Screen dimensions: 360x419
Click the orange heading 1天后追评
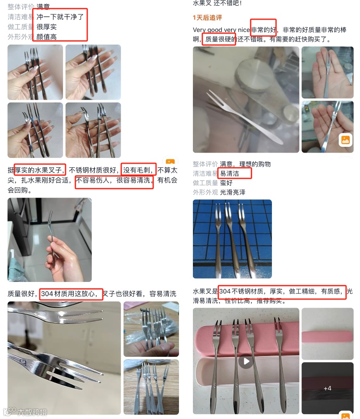tap(207, 18)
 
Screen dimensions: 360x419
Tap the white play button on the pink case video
tap(246, 361)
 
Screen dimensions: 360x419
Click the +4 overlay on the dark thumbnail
tap(327, 388)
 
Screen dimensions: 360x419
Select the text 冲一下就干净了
tap(60, 17)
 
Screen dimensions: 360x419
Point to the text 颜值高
tap(47, 37)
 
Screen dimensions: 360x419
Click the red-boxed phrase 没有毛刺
tap(136, 170)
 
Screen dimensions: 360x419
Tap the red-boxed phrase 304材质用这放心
tap(68, 294)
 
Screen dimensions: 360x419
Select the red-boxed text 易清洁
tap(229, 173)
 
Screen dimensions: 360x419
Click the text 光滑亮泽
tap(232, 192)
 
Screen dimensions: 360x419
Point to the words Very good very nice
tap(221, 29)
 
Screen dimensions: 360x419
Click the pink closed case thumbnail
tap(327, 337)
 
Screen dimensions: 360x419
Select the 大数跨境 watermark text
tap(32, 412)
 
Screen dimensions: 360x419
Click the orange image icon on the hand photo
tap(345, 140)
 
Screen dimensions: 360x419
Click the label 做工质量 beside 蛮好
tap(206, 183)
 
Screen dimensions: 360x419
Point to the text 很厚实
tap(47, 27)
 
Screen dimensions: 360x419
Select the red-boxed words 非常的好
tap(263, 29)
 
